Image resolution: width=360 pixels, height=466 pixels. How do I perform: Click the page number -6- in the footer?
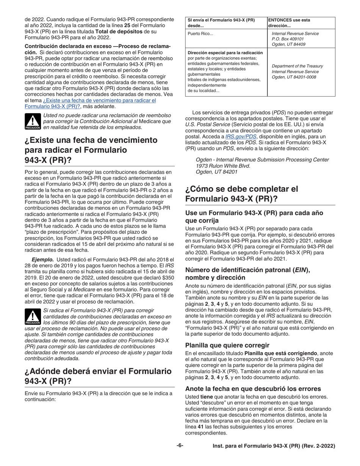coord(180,446)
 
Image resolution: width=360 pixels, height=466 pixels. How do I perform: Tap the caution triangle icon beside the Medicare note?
coord(33,121)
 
